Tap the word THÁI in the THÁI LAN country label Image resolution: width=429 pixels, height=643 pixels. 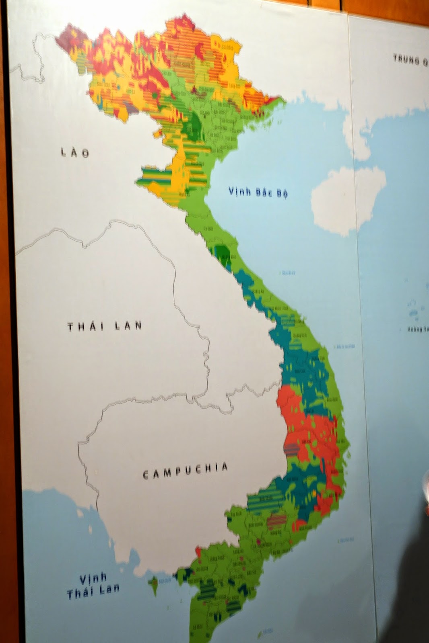pyautogui.click(x=86, y=326)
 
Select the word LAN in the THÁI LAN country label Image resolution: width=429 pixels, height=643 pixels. pyautogui.click(x=128, y=325)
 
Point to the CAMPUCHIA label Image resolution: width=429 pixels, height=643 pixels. pyautogui.click(x=186, y=470)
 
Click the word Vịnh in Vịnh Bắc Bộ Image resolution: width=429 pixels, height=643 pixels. pyautogui.click(x=240, y=192)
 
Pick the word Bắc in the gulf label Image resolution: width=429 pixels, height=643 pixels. pyautogui.click(x=264, y=192)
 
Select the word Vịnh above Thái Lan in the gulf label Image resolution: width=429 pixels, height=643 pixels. pyautogui.click(x=93, y=579)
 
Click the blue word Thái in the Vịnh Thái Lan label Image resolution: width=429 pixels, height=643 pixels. pyautogui.click(x=80, y=593)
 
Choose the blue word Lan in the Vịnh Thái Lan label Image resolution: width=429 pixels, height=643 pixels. pyautogui.click(x=110, y=589)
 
